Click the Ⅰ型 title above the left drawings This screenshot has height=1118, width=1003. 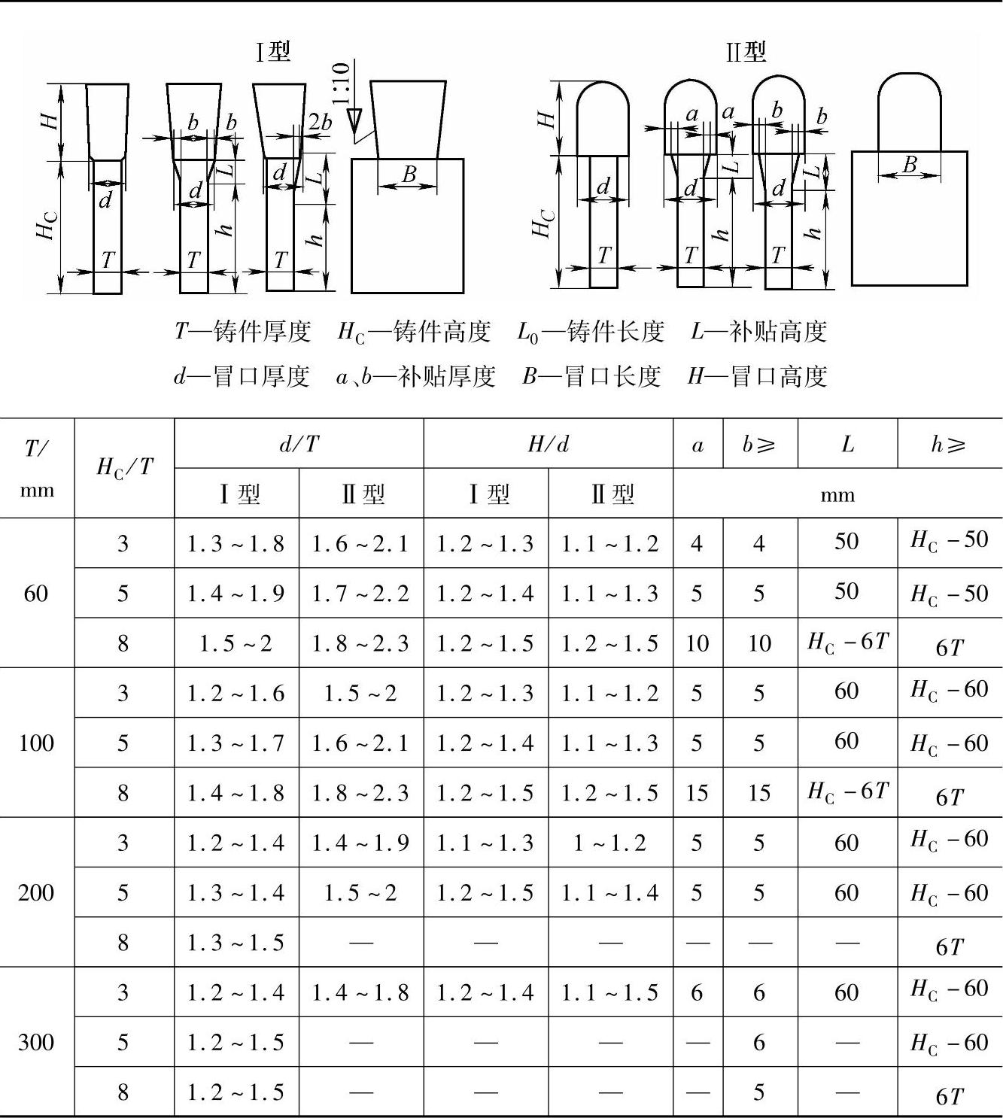click(x=272, y=52)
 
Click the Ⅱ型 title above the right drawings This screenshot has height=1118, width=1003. click(x=745, y=52)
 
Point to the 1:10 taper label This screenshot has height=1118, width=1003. click(x=342, y=83)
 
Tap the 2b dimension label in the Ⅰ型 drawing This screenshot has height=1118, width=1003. click(x=319, y=123)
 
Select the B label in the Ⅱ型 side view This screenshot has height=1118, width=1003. click(x=910, y=164)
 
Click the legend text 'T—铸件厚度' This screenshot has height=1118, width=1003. click(x=242, y=331)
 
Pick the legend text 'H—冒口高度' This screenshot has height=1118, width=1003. click(x=757, y=376)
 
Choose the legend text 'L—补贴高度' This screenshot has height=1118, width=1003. click(x=758, y=331)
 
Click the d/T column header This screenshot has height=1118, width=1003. click(x=299, y=444)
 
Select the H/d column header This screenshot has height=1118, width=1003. click(x=548, y=444)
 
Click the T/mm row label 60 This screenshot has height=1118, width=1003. click(x=36, y=594)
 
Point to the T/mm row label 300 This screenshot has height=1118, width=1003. click(x=36, y=1042)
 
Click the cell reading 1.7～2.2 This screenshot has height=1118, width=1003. click(x=360, y=594)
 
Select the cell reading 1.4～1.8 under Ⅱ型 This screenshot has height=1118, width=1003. click(x=360, y=992)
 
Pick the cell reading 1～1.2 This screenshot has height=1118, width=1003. click(x=609, y=843)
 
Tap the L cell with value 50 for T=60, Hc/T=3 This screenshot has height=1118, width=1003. click(x=846, y=542)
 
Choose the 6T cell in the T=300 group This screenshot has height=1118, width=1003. click(x=949, y=1096)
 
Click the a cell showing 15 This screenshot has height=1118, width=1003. click(x=697, y=792)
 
